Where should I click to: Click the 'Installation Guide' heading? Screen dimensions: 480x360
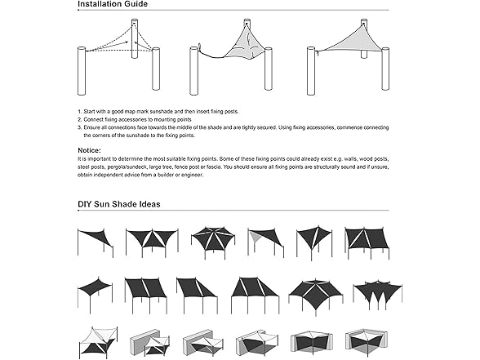pyautogui.click(x=113, y=5)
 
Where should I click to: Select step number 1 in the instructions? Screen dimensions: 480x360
pyautogui.click(x=80, y=110)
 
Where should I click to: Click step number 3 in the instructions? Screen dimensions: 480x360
pyautogui.click(x=80, y=127)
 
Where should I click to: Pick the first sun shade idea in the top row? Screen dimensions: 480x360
pyautogui.click(x=96, y=241)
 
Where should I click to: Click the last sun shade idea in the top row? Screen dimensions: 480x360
pyautogui.click(x=367, y=241)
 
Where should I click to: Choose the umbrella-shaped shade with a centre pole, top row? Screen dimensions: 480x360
pyautogui.click(x=212, y=241)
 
